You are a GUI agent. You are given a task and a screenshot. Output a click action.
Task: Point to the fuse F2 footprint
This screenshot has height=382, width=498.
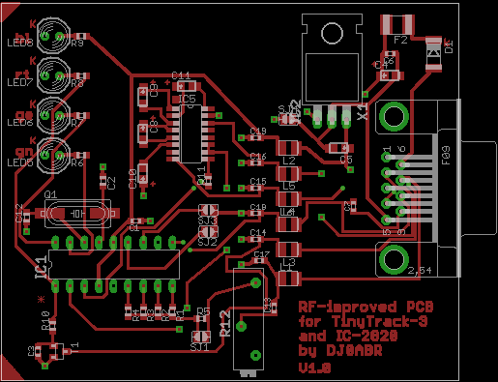tap(399, 24)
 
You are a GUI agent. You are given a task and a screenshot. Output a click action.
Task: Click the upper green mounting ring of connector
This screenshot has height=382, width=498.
tap(395, 116)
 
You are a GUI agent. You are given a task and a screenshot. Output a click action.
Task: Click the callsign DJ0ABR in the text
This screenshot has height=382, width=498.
tap(351, 352)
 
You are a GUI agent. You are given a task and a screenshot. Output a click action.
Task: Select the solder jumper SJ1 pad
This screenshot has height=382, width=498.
tap(200, 338)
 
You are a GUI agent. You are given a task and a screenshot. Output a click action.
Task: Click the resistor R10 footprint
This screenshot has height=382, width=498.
tap(46, 329)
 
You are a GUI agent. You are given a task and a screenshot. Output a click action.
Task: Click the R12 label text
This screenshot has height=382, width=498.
tap(224, 322)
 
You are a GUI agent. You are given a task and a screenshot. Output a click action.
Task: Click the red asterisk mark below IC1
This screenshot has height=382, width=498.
tap(40, 301)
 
